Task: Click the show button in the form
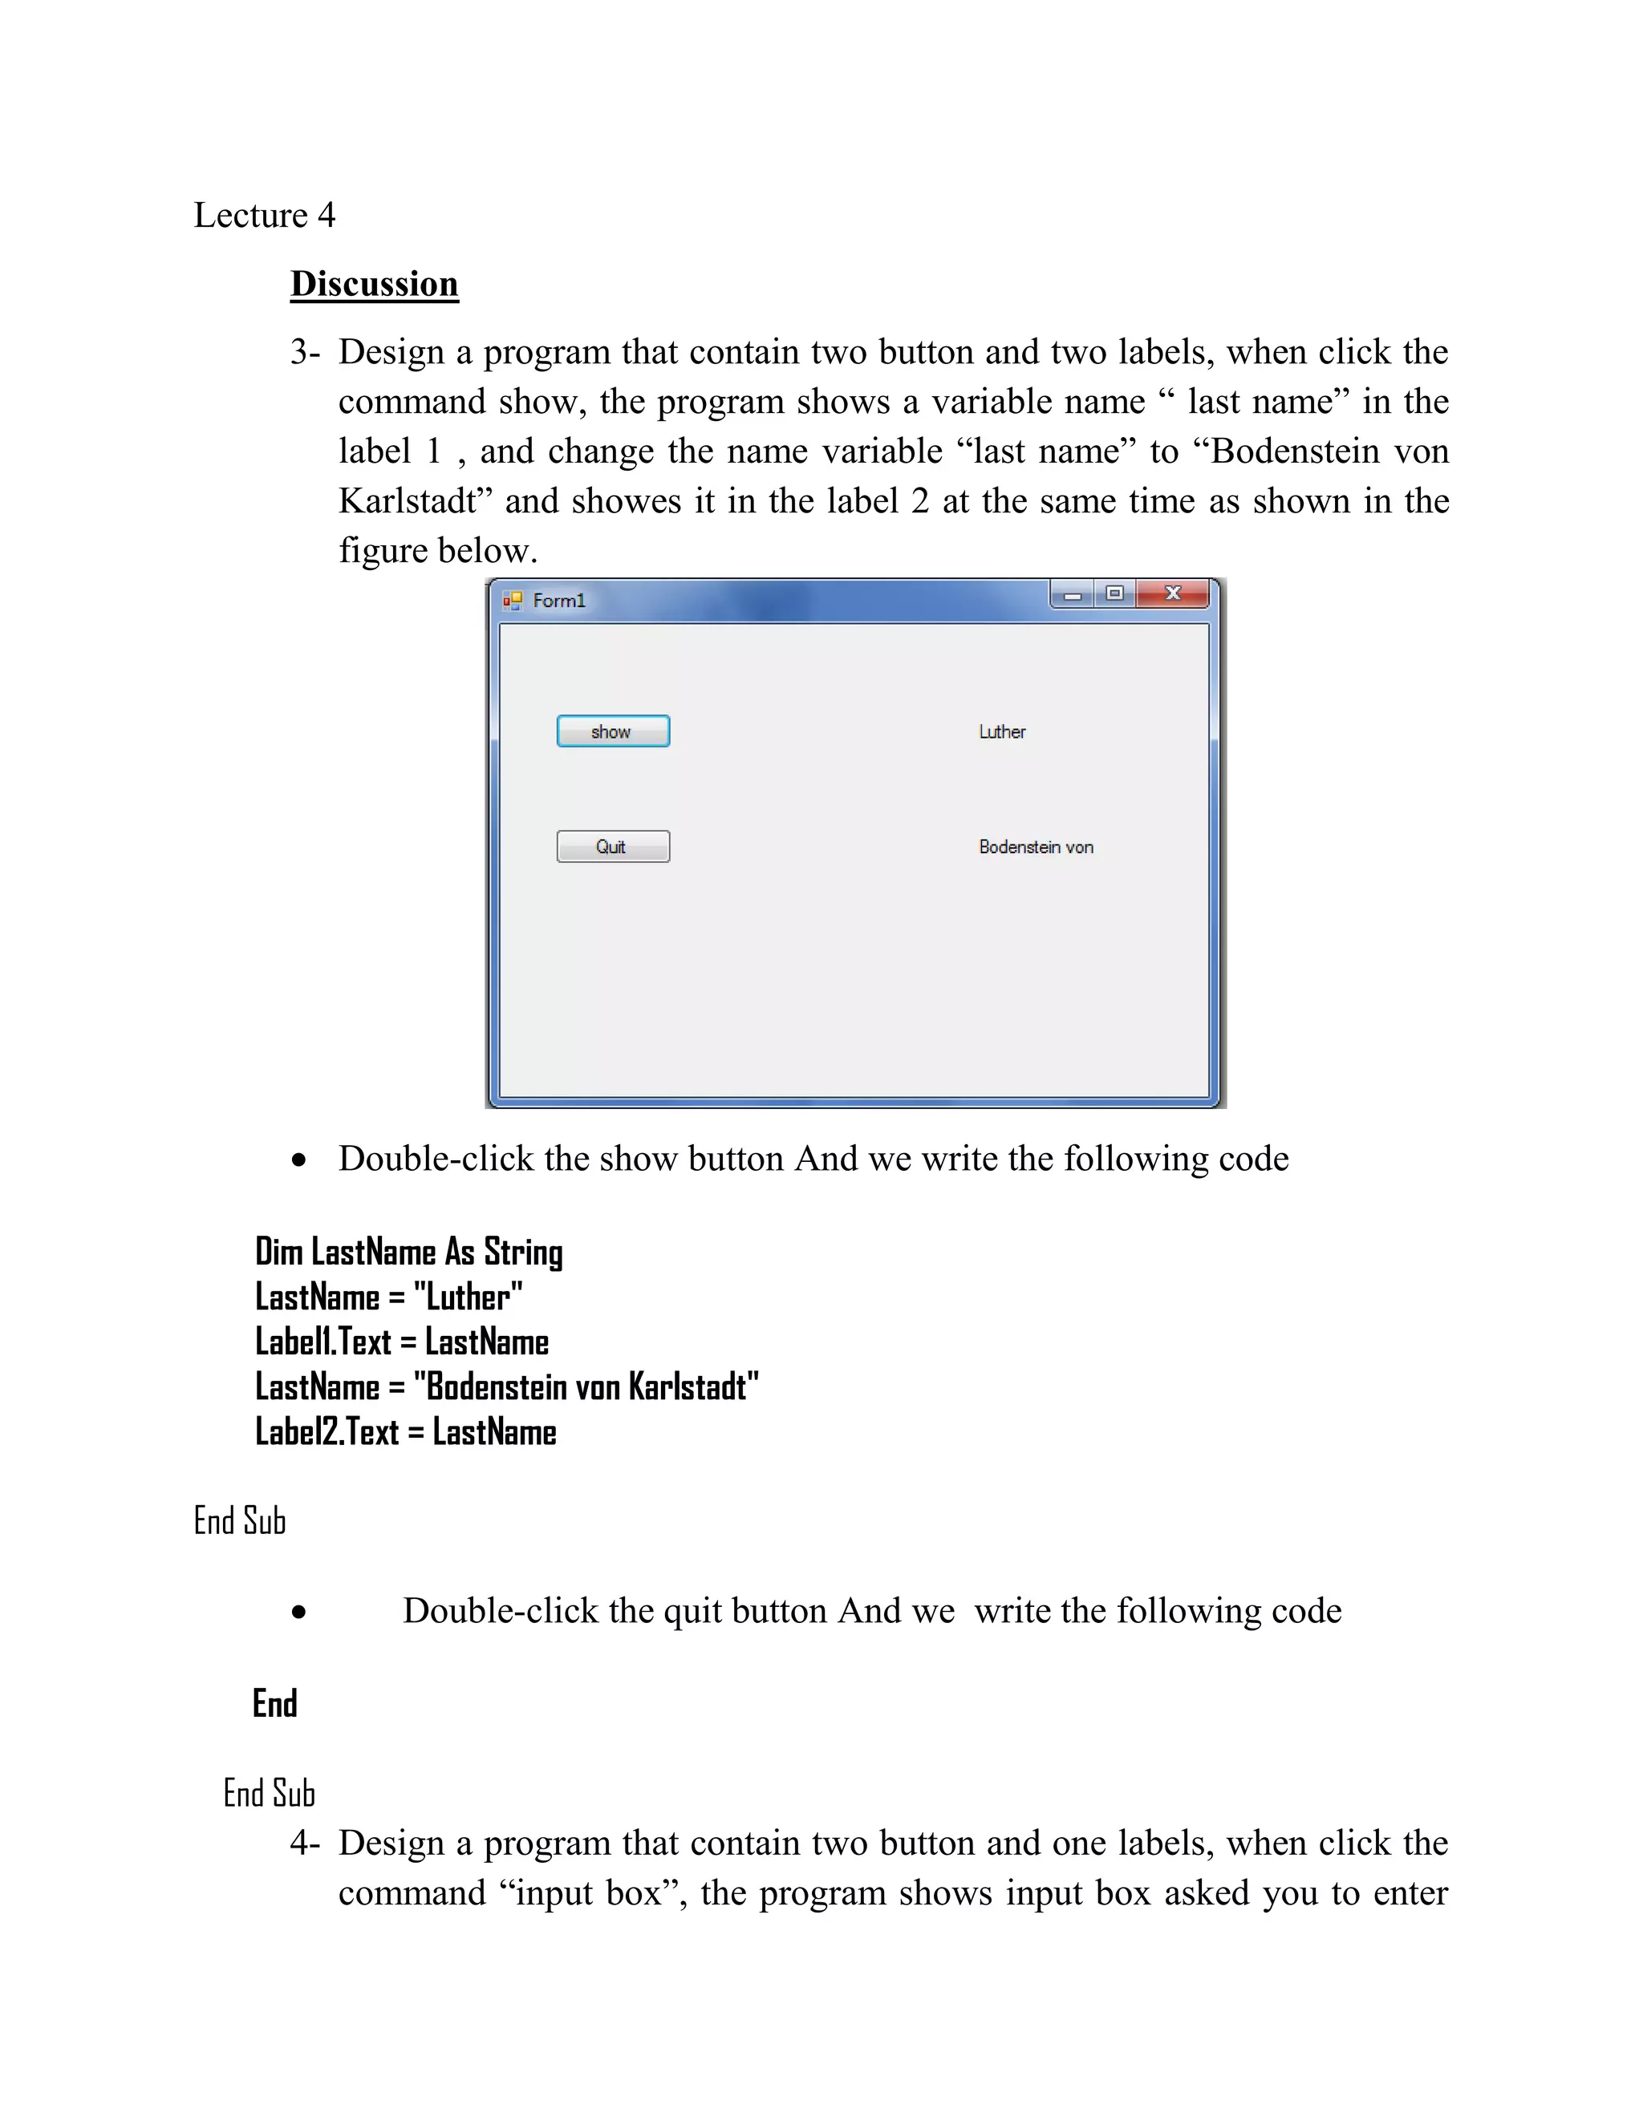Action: (x=612, y=731)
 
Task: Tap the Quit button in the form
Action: (x=612, y=847)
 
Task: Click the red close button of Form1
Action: (x=1172, y=593)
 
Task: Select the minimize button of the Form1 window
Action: (x=1072, y=594)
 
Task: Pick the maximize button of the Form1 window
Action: (x=1114, y=593)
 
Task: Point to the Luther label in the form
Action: (x=1001, y=731)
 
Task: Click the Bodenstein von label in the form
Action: (x=1036, y=847)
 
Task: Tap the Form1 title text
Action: (x=558, y=601)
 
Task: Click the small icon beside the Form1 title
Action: (x=512, y=601)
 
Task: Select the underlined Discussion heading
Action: (x=374, y=284)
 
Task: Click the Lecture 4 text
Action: (x=264, y=215)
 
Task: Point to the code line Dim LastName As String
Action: (x=409, y=1253)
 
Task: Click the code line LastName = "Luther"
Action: (x=388, y=1297)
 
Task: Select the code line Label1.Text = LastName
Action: (x=401, y=1342)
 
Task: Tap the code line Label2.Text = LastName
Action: (x=405, y=1432)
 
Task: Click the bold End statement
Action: (x=274, y=1704)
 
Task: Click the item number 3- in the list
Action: (x=305, y=352)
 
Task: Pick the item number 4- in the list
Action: (x=305, y=1843)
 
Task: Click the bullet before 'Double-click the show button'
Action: (x=298, y=1160)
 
